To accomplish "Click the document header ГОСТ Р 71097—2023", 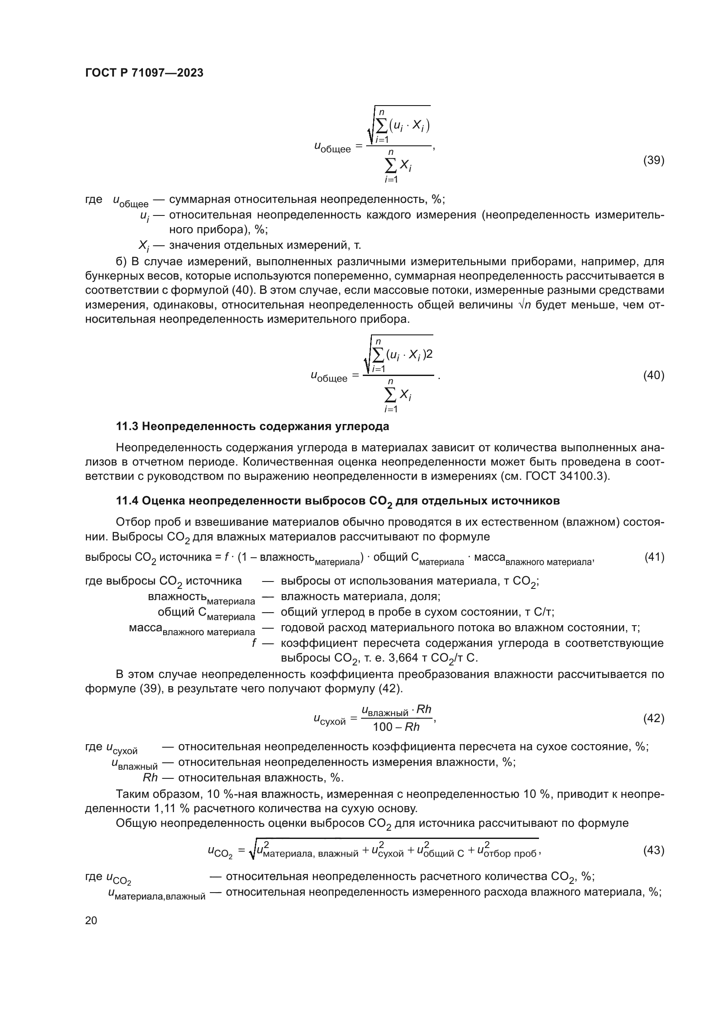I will (x=144, y=73).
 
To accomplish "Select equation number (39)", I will (x=653, y=161).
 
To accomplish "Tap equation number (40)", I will (x=653, y=376).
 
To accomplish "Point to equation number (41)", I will (x=654, y=558).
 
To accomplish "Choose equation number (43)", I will (x=653, y=850).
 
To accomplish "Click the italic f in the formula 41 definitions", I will (x=254, y=643).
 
